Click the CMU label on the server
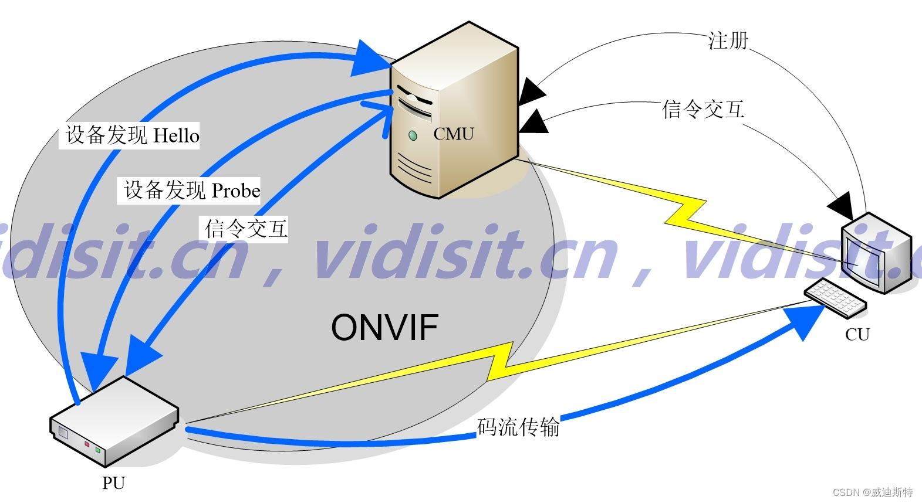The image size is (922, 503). (x=453, y=134)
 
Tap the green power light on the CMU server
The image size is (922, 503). (x=413, y=136)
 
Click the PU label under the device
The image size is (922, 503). (x=113, y=483)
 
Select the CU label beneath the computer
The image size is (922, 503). (x=857, y=334)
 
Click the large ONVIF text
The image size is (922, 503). (x=384, y=327)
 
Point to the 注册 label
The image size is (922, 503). (x=728, y=40)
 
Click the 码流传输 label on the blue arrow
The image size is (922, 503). (x=518, y=427)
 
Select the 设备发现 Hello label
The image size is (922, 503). (x=132, y=135)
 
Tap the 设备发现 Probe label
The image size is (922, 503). (x=191, y=191)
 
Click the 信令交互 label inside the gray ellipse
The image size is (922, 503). (x=246, y=229)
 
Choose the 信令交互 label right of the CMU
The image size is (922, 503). (x=703, y=110)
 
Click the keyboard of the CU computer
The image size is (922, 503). (x=835, y=297)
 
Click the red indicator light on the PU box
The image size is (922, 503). (x=87, y=444)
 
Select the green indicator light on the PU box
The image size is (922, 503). (x=98, y=450)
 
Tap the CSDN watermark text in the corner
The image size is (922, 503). (x=873, y=492)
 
